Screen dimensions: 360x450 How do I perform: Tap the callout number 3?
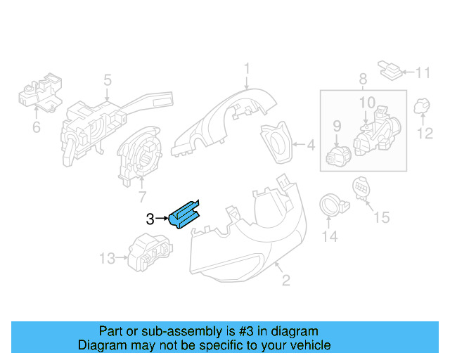coord(149,219)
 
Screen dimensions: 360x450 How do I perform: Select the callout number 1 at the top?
coord(247,69)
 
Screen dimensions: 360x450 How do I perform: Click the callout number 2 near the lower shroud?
coord(285,282)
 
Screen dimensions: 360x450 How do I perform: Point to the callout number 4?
coord(311,147)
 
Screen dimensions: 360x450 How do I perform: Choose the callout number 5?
coord(107,81)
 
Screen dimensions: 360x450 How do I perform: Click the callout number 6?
coord(36,127)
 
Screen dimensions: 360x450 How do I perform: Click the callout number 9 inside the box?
coord(336,126)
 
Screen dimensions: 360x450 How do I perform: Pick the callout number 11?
coord(422,72)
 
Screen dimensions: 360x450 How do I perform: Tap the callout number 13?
coord(106,259)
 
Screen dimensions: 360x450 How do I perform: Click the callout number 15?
coord(380,218)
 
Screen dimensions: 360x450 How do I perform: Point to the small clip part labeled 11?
coord(389,69)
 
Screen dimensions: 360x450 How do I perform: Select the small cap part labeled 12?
coord(423,105)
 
